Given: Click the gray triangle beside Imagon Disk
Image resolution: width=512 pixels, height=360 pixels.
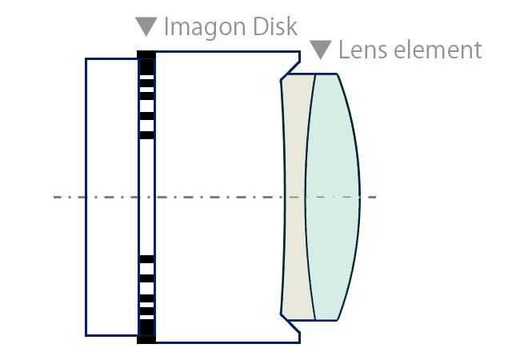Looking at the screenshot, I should [146, 26].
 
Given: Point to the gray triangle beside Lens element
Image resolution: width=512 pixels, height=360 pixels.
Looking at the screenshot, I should [321, 50].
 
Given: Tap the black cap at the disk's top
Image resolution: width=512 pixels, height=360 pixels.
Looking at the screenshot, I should [146, 55].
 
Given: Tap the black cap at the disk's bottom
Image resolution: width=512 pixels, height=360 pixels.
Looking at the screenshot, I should [146, 338].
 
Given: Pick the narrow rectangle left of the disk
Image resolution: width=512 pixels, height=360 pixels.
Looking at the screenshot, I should [112, 197].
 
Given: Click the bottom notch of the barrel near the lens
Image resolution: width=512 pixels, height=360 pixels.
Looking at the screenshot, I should [290, 326].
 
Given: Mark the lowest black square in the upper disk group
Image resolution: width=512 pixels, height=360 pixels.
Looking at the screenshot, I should [146, 135].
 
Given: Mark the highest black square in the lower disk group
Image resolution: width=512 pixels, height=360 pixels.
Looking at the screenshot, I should [146, 259].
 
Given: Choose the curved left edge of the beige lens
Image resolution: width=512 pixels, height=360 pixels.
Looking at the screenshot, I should [284, 197].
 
